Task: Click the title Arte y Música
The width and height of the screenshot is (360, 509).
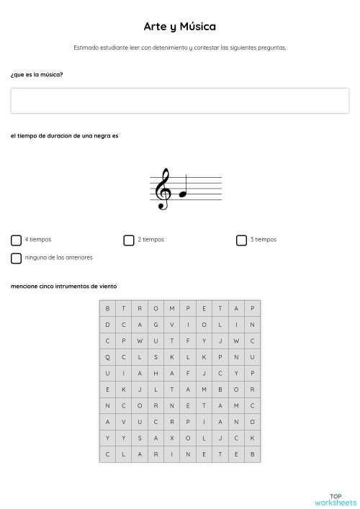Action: pyautogui.click(x=179, y=27)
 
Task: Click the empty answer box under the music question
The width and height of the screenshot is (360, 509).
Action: pyautogui.click(x=179, y=101)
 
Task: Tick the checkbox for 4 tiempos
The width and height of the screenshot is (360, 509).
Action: pyautogui.click(x=16, y=240)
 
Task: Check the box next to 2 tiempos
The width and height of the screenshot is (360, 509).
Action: pyautogui.click(x=129, y=240)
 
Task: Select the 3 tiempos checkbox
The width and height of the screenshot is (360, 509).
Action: pyautogui.click(x=241, y=240)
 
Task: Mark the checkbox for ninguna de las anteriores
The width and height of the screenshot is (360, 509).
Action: pyautogui.click(x=16, y=258)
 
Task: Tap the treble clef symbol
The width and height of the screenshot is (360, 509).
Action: pyautogui.click(x=163, y=189)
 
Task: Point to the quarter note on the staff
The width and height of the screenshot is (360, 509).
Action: pyautogui.click(x=183, y=192)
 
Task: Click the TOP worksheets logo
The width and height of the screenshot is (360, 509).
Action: pyautogui.click(x=335, y=499)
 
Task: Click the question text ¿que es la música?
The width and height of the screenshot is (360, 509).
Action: pyautogui.click(x=37, y=74)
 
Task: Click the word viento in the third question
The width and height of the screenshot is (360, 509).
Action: pyautogui.click(x=107, y=286)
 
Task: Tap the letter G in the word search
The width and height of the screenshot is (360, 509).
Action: pyautogui.click(x=156, y=324)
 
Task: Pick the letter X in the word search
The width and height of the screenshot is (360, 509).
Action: pyautogui.click(x=171, y=438)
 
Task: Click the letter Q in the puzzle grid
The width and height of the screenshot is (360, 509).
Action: pyautogui.click(x=107, y=356)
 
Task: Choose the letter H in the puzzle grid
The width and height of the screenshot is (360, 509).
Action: pyautogui.click(x=156, y=373)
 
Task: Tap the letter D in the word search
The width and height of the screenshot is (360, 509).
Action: pyautogui.click(x=107, y=324)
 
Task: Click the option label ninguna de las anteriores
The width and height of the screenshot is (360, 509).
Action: pyautogui.click(x=59, y=257)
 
